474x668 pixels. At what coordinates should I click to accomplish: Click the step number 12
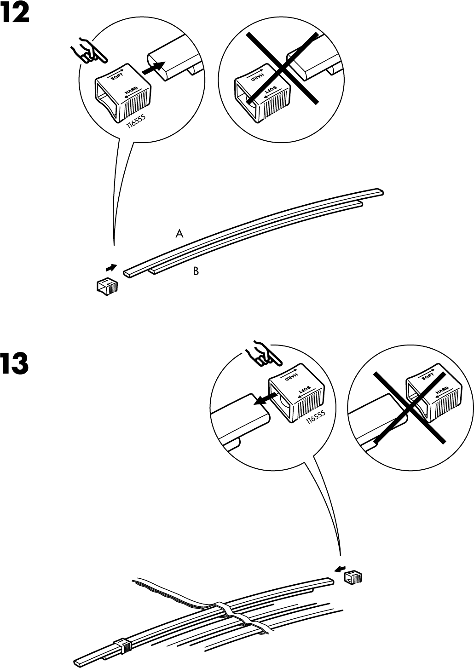click(x=16, y=14)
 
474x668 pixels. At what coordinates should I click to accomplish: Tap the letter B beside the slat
click(x=196, y=271)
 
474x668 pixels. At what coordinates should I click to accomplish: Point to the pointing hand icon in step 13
click(x=260, y=354)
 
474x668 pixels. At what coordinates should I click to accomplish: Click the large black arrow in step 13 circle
click(x=263, y=399)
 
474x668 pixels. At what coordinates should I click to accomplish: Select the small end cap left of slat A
click(x=106, y=286)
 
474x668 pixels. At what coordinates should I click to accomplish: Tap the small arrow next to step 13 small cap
click(x=339, y=569)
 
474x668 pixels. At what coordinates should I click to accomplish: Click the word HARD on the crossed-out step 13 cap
click(x=442, y=392)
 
